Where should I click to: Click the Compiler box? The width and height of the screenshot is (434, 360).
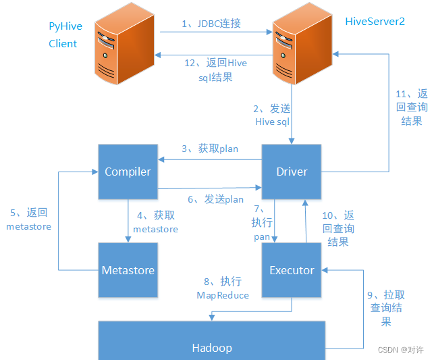128,172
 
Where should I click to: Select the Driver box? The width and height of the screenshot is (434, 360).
292,172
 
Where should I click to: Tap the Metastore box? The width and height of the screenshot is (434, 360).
128,270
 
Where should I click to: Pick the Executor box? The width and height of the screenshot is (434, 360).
292,270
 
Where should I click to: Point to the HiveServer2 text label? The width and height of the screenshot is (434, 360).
375,22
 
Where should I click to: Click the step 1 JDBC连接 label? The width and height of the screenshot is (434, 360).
211,24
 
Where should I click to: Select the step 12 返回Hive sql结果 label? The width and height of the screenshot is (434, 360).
215,70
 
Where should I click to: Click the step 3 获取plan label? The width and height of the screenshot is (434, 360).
209,149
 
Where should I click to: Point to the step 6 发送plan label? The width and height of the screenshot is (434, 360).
215,199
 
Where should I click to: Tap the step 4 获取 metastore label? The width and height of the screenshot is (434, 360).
155,222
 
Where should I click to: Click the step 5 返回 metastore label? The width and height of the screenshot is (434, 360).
28,220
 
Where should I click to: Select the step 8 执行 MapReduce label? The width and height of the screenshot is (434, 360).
223,288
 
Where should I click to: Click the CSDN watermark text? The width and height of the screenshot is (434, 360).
400,350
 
